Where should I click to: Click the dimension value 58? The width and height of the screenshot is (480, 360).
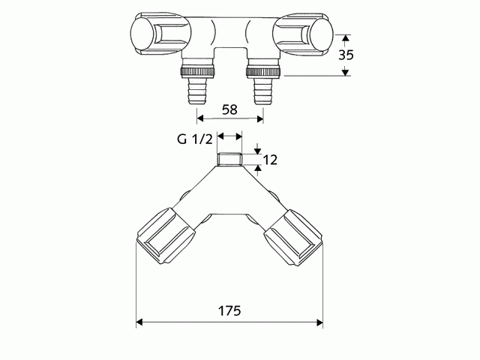point(229,109)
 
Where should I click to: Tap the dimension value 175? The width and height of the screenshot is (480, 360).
point(229,311)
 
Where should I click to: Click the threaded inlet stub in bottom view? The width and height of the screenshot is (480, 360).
point(228,160)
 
